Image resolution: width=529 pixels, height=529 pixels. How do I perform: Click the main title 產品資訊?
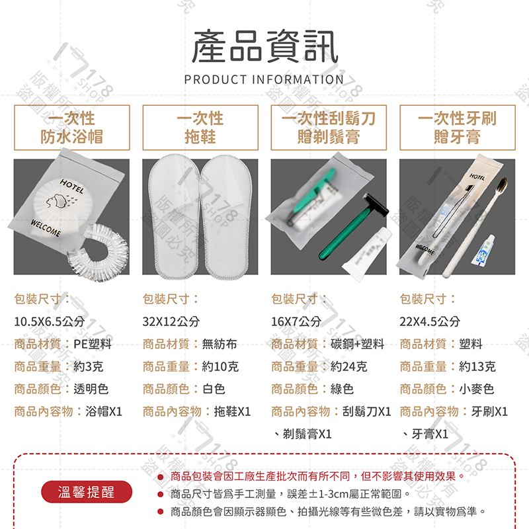264,48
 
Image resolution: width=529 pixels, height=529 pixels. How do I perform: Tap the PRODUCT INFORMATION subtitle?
264,80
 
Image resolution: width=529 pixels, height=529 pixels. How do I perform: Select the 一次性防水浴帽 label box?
71,128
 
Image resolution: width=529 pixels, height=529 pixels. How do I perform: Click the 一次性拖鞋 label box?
200,128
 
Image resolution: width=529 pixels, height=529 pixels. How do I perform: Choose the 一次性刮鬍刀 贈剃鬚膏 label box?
329,128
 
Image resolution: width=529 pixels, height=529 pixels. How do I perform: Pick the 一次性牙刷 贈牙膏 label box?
456,128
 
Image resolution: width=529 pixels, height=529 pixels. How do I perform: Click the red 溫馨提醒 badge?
87,493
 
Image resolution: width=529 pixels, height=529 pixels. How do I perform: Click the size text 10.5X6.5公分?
50,321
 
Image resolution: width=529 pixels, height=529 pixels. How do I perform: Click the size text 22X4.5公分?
430,321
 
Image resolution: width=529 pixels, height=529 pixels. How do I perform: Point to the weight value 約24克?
348,366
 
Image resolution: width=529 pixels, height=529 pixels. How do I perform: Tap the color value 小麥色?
477,389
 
